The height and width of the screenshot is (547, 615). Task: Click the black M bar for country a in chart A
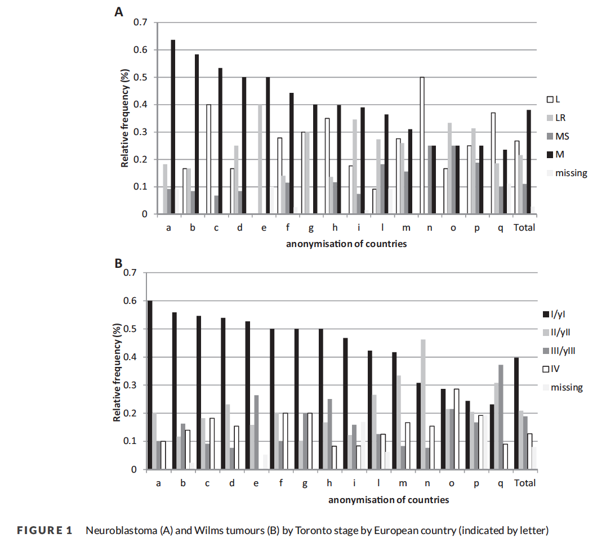point(173,127)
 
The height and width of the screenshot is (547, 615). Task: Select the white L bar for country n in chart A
point(422,145)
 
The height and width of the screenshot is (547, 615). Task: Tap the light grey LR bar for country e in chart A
point(260,159)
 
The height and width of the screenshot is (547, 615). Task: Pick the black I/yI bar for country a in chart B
point(150,385)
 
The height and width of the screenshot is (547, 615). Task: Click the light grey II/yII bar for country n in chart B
point(423,405)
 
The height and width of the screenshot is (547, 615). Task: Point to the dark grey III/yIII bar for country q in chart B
point(501,417)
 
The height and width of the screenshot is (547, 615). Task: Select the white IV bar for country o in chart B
point(456,429)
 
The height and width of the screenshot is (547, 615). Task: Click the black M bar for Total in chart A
point(529,162)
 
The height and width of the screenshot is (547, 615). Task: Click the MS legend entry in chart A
point(558,136)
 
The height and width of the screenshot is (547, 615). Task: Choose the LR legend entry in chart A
point(556,118)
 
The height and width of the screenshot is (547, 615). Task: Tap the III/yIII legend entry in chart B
point(559,351)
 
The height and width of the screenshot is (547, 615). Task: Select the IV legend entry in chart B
point(551,369)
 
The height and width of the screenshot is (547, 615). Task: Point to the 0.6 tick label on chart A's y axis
point(140,50)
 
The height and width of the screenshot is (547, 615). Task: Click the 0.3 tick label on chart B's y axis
point(130,385)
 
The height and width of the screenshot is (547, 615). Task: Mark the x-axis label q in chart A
point(501,228)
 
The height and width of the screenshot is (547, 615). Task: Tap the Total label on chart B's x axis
point(525,483)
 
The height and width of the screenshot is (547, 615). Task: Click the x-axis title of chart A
point(346,244)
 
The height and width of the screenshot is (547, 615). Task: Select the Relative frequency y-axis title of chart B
point(117,372)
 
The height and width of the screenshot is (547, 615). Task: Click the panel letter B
point(118,263)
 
